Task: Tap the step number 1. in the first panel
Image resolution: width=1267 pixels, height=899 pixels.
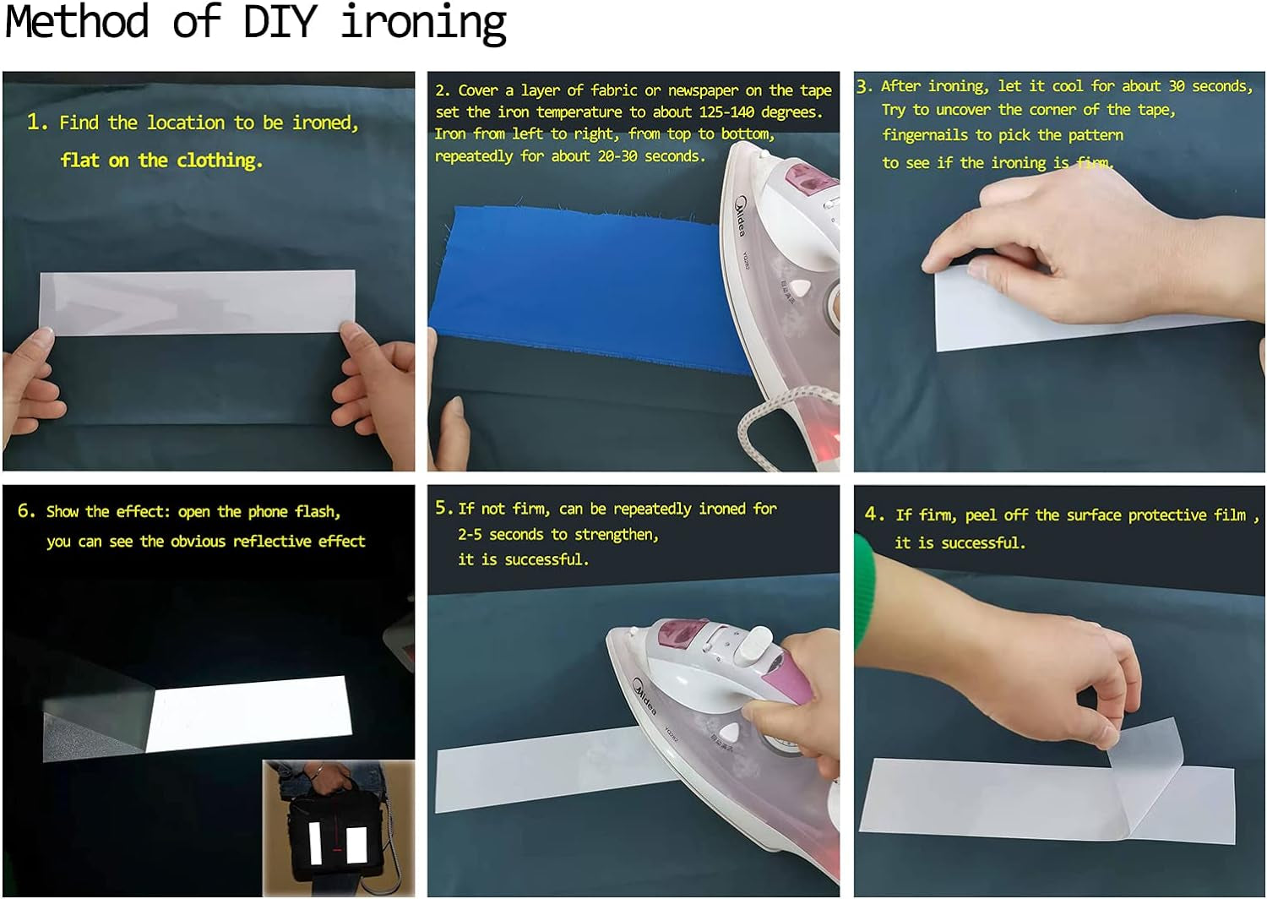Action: [37, 122]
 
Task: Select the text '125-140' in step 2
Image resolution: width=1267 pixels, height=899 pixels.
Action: [726, 112]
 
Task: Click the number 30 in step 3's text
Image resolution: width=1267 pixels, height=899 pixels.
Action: [1177, 86]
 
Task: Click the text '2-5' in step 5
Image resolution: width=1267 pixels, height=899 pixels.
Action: [470, 534]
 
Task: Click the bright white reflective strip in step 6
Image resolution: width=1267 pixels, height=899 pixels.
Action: [249, 714]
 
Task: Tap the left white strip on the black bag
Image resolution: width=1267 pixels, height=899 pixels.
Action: [315, 843]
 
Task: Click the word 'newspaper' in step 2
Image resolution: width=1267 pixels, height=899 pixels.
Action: [703, 90]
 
